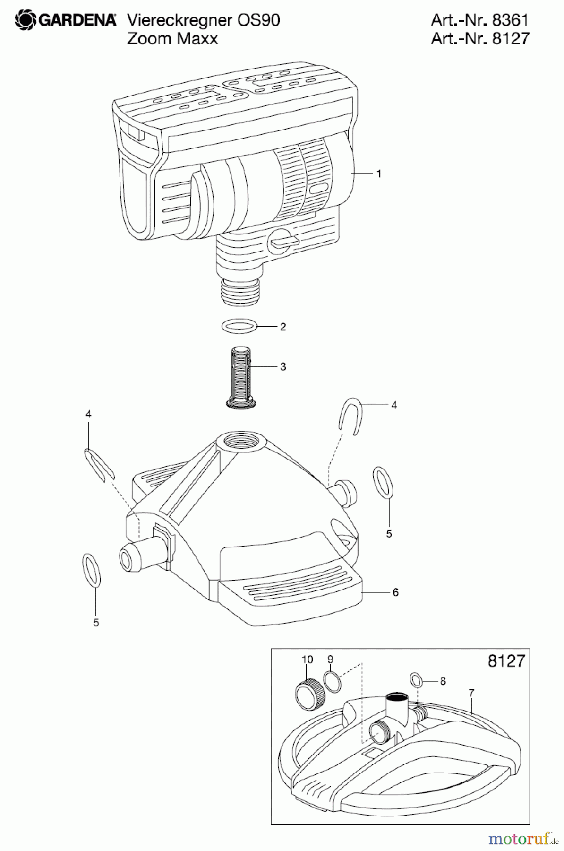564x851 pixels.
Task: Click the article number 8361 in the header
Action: click(x=510, y=20)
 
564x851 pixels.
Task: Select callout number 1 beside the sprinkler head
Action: click(x=378, y=174)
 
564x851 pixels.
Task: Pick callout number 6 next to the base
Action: click(x=395, y=592)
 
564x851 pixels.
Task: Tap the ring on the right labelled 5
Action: click(x=383, y=482)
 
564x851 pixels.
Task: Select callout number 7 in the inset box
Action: click(x=471, y=693)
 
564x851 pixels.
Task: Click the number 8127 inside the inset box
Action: click(x=506, y=660)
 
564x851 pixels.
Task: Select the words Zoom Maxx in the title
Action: click(x=172, y=38)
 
